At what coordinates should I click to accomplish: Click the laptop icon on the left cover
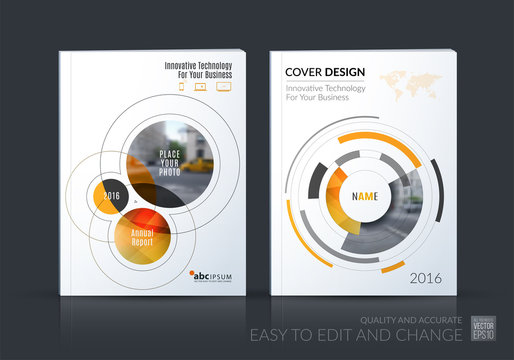(x=222, y=86)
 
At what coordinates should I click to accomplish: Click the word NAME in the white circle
(x=362, y=195)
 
